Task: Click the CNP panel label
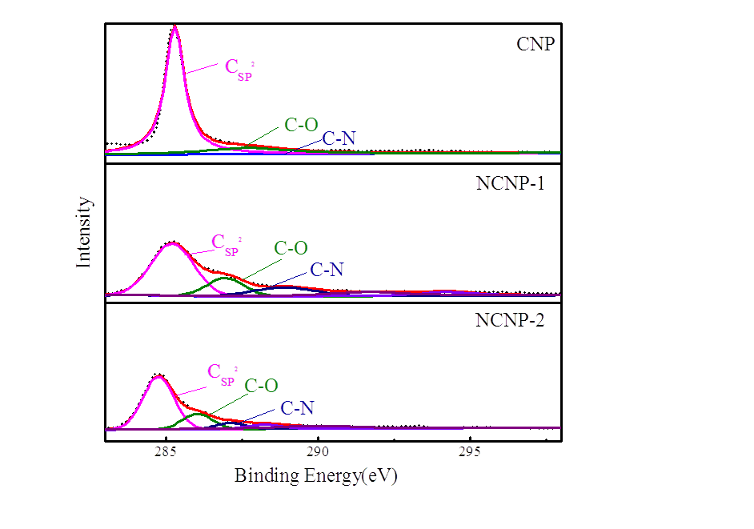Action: coord(535,43)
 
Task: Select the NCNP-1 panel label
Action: coord(510,182)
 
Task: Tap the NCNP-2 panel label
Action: coord(510,322)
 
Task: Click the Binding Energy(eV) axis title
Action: coord(315,476)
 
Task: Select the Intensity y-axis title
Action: coord(84,232)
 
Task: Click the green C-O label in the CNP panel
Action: coord(301,125)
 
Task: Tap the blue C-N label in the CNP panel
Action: coord(339,138)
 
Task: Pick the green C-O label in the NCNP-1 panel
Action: coord(291,248)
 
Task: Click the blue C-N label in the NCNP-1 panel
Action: coord(327,270)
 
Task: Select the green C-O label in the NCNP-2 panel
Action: coord(261,386)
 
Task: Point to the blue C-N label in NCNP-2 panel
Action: coord(297,408)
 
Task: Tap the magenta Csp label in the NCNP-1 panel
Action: coord(226,244)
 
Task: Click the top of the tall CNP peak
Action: coord(174,27)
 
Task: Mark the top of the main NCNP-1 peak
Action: coord(171,242)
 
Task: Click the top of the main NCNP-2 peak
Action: coord(158,375)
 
